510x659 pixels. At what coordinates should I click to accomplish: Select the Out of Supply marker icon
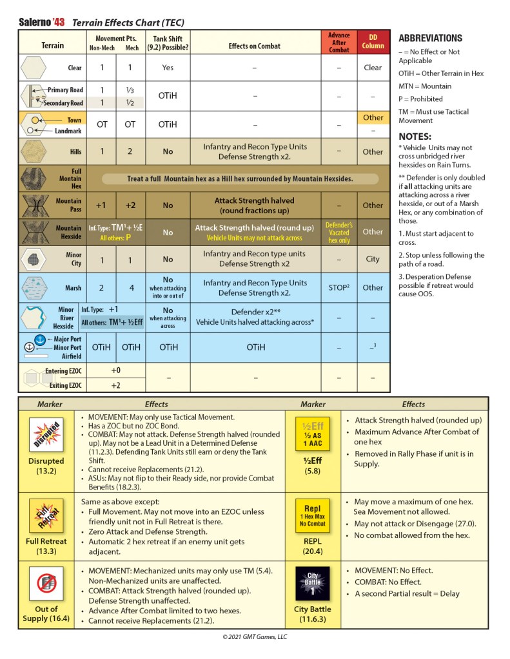46,584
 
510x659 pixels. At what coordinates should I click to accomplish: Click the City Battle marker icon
312,584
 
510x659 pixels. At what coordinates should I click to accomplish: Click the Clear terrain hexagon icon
34,68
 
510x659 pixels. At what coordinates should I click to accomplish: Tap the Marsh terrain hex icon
34,287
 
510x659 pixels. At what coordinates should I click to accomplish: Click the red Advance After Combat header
339,42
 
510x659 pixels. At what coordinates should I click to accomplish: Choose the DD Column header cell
373,42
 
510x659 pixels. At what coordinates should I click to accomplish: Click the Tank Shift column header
168,43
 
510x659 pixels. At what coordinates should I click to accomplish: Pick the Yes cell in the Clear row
168,68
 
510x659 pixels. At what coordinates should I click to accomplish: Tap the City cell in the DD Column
373,259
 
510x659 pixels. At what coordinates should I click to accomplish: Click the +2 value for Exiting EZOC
116,385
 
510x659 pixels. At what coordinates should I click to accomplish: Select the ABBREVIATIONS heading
430,38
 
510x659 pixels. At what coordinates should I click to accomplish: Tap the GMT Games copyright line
255,637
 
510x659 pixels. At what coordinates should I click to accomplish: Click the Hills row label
75,152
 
